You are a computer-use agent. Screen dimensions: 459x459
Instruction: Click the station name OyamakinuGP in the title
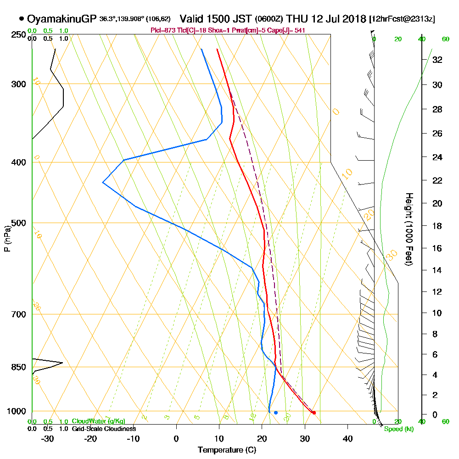(x=62, y=19)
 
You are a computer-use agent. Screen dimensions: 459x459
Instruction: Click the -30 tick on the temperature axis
(x=47, y=438)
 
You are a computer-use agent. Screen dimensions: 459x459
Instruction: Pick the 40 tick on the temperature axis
(x=347, y=438)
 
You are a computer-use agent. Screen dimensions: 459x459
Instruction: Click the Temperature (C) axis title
(x=227, y=450)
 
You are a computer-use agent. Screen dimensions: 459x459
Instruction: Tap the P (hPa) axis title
(x=7, y=239)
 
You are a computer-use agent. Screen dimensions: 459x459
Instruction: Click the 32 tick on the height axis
(x=437, y=59)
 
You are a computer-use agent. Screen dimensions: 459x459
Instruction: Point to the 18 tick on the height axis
(x=437, y=226)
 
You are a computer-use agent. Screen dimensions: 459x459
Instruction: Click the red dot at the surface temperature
(x=314, y=413)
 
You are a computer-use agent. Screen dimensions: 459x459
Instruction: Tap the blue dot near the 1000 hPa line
(x=276, y=413)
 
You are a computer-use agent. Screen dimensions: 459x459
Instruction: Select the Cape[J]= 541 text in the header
(x=287, y=30)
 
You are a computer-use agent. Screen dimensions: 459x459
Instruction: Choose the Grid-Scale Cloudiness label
(x=104, y=429)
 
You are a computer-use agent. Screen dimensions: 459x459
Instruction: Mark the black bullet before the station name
(x=22, y=19)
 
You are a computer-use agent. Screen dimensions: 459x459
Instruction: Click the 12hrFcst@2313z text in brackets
(x=402, y=19)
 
